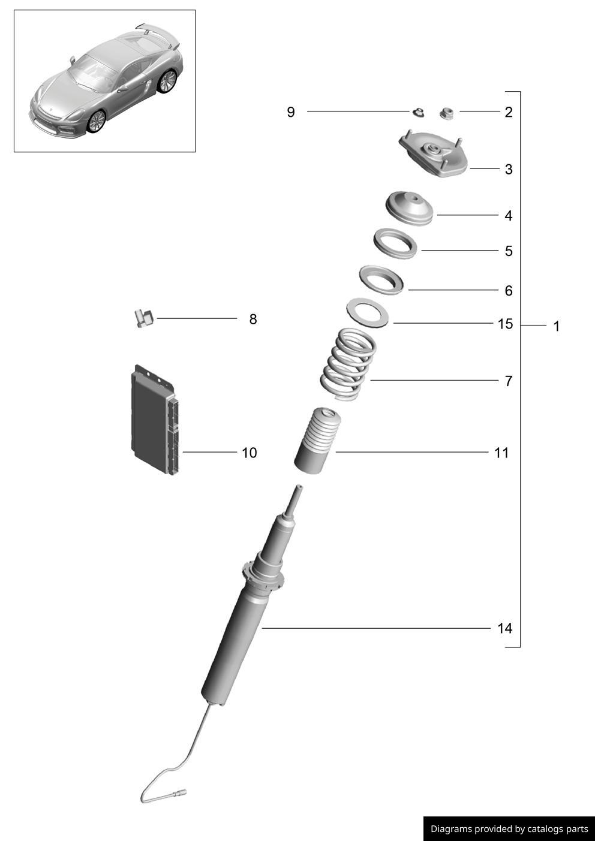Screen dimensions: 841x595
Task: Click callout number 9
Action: [x=291, y=112]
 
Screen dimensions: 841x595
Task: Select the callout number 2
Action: [x=509, y=112]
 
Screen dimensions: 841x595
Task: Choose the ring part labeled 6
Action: [x=381, y=281]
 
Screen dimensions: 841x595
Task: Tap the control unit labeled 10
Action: [x=154, y=420]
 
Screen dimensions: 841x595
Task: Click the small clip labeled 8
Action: [x=143, y=317]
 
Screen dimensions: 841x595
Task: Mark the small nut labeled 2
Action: [x=446, y=112]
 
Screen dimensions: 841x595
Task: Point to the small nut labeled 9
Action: [x=419, y=111]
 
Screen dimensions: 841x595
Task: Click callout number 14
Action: [x=504, y=629]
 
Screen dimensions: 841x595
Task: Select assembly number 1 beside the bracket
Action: [x=556, y=327]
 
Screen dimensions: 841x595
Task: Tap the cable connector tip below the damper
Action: [x=180, y=794]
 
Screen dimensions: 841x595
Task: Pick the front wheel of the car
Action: [x=96, y=121]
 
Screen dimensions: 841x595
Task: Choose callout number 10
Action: [x=249, y=453]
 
